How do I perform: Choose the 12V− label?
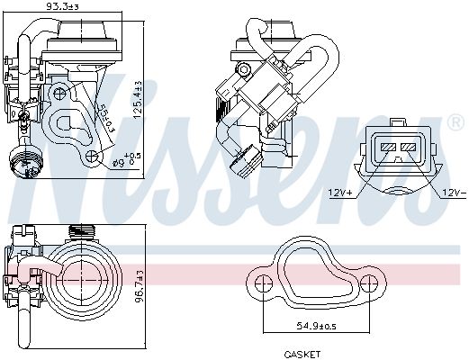coord(453,191)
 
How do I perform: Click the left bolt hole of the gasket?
coord(261,284)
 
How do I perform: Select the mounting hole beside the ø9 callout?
coord(90,157)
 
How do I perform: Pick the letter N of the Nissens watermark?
coord(63,135)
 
